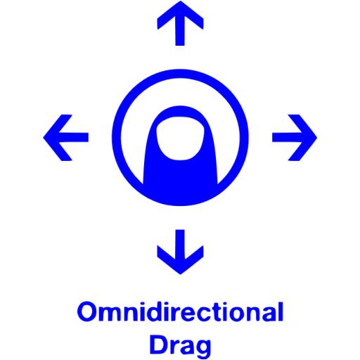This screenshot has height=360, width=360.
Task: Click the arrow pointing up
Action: point(180,23)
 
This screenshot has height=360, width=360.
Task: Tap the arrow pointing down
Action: point(180,252)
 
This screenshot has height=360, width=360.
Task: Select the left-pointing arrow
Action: point(66,138)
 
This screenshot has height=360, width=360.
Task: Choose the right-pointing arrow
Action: point(295,138)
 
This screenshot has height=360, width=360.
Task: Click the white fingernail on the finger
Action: point(180,139)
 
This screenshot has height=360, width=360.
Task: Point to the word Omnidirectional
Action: point(180,311)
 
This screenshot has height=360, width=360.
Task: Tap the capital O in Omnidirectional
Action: point(86,312)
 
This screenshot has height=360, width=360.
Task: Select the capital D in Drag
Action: point(159,345)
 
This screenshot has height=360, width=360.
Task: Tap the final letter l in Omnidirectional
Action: point(281,311)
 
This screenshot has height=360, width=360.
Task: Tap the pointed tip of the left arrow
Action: point(44,138)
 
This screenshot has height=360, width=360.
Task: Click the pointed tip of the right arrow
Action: point(317,138)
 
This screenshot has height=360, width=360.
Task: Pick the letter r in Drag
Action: point(174,347)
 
